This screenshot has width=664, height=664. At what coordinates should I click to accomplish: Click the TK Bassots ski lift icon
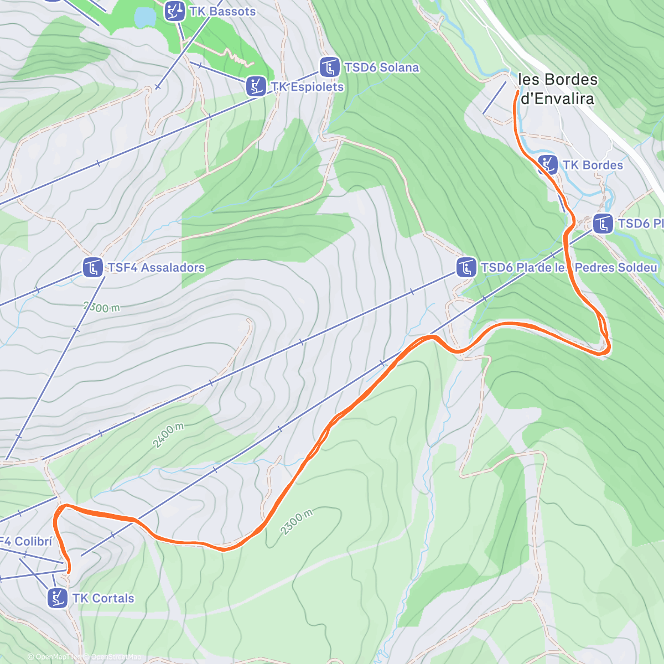[175, 11]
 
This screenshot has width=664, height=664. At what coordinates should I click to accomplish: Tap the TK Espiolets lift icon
[256, 86]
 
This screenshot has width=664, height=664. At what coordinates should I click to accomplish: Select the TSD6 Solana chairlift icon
[330, 68]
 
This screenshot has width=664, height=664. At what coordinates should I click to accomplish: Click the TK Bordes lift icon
[548, 165]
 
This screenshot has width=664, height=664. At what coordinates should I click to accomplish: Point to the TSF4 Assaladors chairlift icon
[93, 268]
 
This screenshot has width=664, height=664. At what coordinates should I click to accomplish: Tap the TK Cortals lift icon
[58, 598]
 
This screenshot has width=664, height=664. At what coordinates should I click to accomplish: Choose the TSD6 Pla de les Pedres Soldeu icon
[466, 268]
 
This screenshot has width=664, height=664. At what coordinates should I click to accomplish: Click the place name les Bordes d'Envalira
[558, 89]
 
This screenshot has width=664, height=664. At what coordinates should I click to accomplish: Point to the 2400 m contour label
[168, 435]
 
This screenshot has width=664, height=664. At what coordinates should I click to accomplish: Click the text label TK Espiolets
[307, 87]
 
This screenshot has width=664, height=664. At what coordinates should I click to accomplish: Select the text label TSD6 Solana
[381, 68]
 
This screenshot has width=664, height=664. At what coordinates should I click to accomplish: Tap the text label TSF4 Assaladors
[156, 268]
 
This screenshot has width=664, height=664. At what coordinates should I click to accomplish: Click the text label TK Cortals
[103, 598]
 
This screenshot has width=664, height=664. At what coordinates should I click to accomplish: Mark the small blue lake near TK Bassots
[145, 17]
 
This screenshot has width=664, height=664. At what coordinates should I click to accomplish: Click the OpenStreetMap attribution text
[116, 657]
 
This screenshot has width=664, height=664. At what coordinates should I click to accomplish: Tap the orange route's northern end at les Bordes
[517, 92]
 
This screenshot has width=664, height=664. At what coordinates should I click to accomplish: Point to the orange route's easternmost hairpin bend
[608, 347]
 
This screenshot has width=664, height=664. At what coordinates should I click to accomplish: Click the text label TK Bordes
[592, 165]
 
